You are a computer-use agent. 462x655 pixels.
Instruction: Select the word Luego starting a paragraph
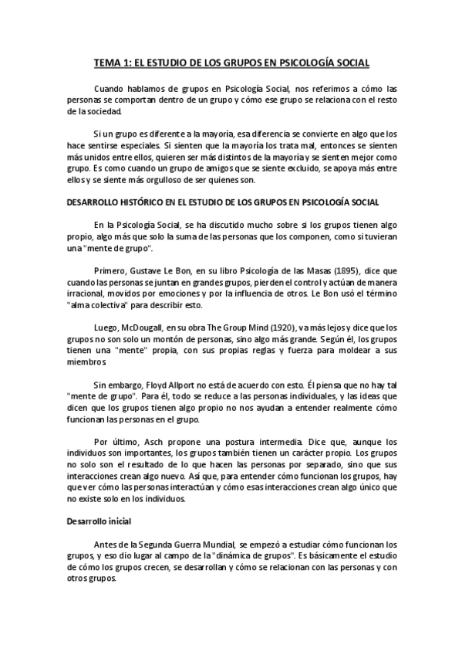(106, 327)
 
